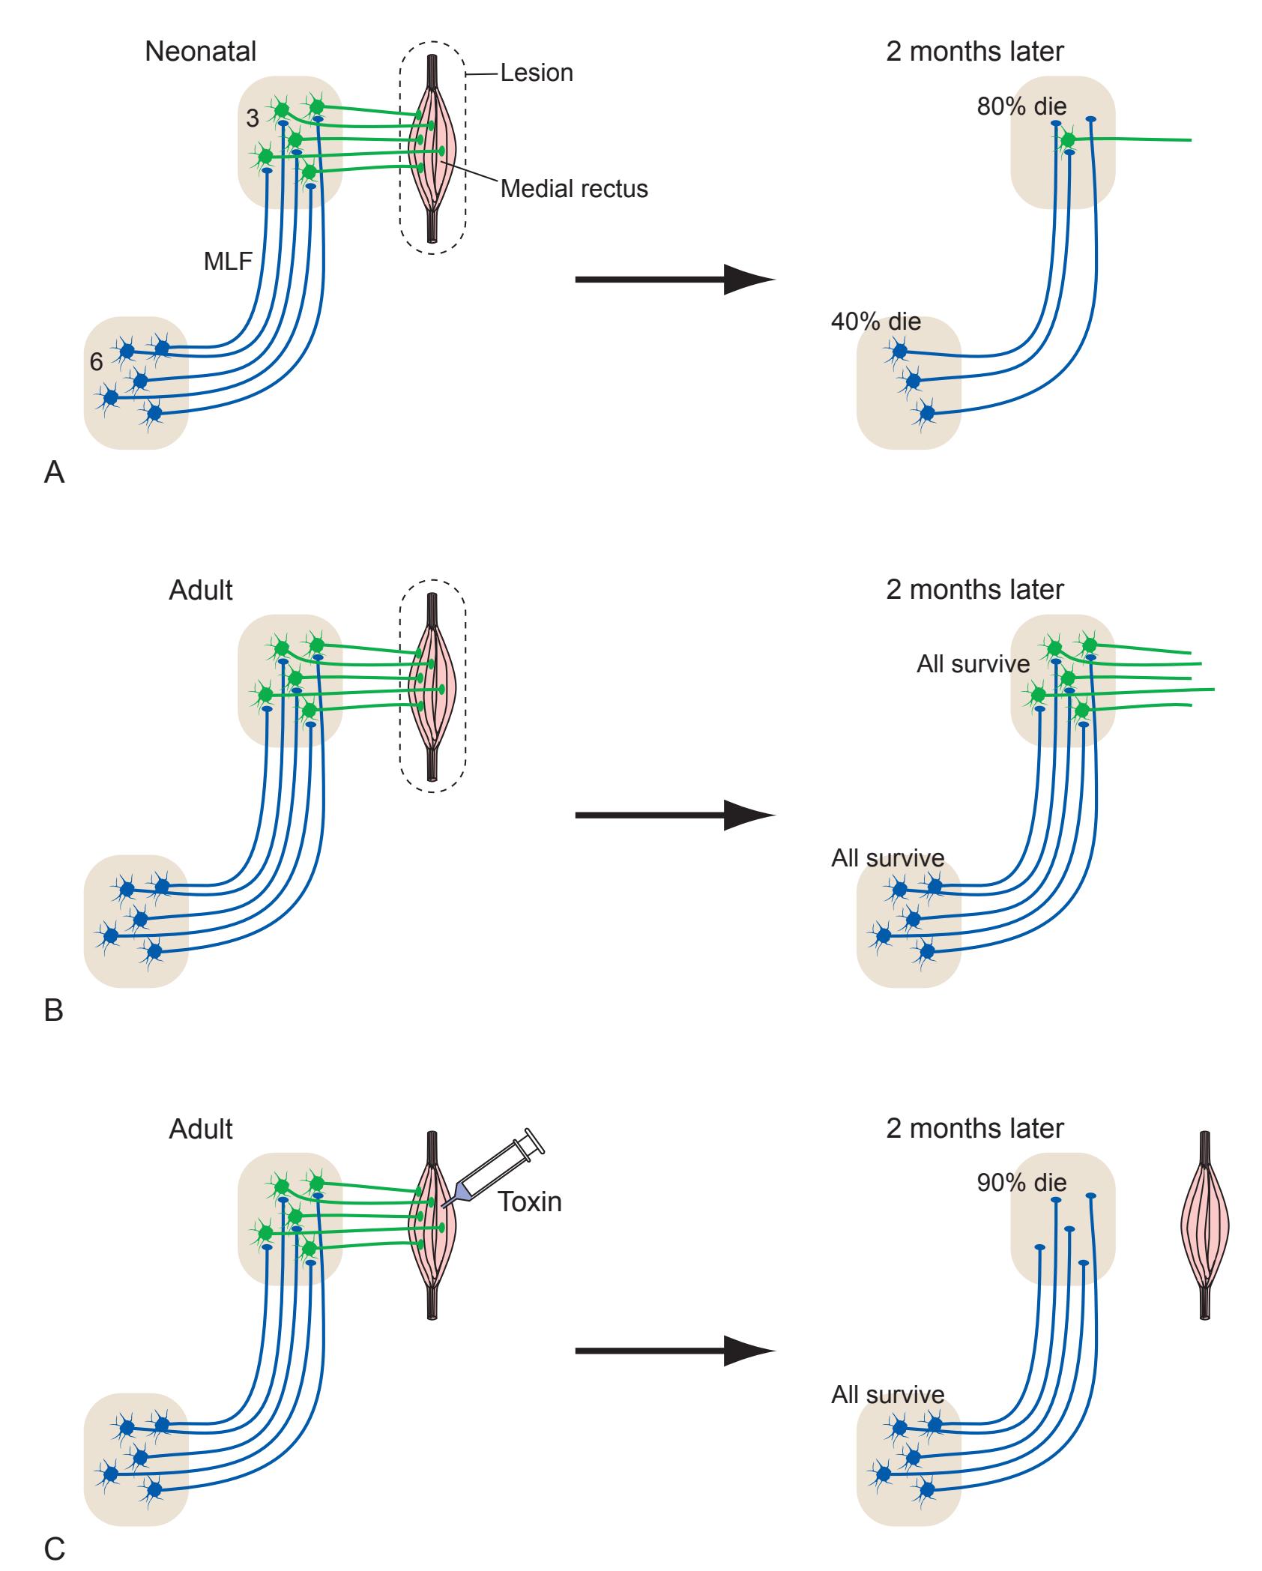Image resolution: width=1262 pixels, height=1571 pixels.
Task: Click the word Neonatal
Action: click(x=200, y=52)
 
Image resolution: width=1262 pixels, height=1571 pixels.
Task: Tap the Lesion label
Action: click(x=537, y=73)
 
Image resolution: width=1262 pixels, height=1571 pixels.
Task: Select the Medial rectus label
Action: click(x=574, y=189)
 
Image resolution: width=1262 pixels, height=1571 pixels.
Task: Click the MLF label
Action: click(x=228, y=262)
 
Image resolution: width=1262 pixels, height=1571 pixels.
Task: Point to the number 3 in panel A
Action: click(x=253, y=118)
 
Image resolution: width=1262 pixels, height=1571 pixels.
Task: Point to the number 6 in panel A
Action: click(x=96, y=362)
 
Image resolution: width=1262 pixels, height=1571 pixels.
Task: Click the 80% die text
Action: click(x=1021, y=106)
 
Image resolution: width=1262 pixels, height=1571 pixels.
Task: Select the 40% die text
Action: click(x=875, y=323)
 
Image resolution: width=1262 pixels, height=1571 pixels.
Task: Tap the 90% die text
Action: click(x=1021, y=1183)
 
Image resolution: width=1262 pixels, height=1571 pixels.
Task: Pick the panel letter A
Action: click(x=54, y=473)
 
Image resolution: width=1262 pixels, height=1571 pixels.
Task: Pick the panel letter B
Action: click(x=54, y=1011)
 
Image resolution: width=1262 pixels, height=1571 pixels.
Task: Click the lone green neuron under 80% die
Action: click(x=1067, y=140)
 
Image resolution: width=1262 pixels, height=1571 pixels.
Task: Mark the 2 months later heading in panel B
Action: click(x=974, y=590)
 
